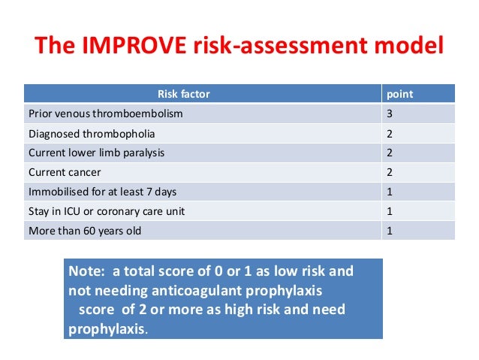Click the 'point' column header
(399, 94)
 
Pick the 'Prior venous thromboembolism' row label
(105, 113)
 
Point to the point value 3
(389, 113)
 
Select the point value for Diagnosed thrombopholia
(389, 133)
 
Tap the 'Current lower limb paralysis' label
(96, 153)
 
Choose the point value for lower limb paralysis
(389, 153)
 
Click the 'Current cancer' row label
(64, 172)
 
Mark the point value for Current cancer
(389, 172)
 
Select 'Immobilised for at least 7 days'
(102, 192)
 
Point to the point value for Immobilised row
(389, 192)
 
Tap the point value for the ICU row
(389, 211)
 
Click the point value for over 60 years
(389, 231)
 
